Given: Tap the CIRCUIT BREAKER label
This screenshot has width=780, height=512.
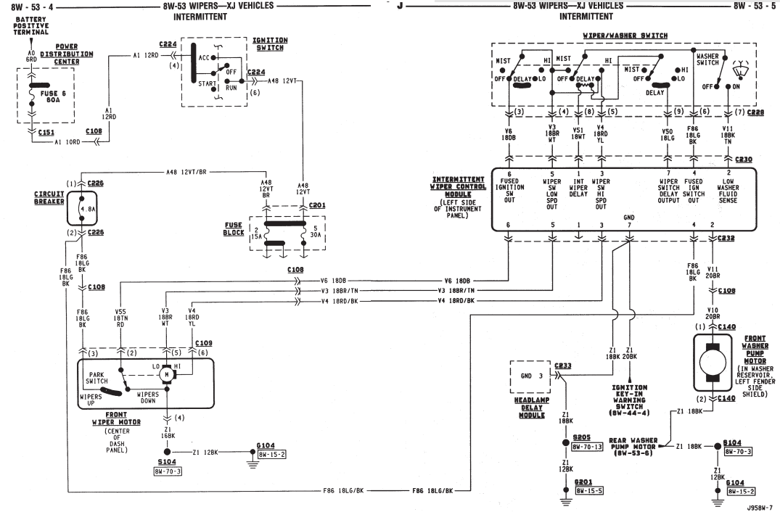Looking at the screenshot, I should tap(49, 197).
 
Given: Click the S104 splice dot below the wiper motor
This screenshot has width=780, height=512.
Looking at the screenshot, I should tap(168, 451).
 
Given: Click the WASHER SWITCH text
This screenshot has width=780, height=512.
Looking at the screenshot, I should tap(708, 59).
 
